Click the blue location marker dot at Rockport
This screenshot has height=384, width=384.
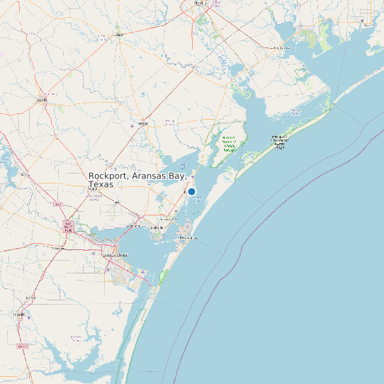(x=191, y=191)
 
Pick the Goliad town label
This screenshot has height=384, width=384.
(x=118, y=34)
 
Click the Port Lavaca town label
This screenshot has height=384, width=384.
(x=281, y=47)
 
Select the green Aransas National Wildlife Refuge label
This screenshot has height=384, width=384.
(x=229, y=143)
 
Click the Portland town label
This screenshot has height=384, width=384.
(x=132, y=226)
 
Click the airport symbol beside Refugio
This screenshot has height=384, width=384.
(x=132, y=125)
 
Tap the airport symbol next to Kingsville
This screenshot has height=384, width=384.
(x=28, y=317)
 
